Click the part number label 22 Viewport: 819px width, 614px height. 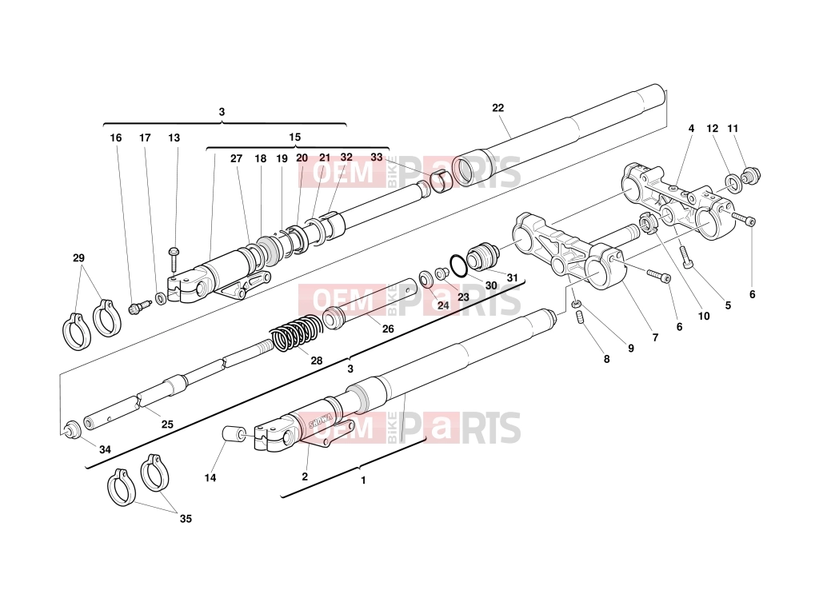[x=497, y=108]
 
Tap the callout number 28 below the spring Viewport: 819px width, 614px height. [x=317, y=361]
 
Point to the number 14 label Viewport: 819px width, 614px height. [x=210, y=478]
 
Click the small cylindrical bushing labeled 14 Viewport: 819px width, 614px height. [x=234, y=434]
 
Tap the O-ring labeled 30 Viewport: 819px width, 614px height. [x=459, y=265]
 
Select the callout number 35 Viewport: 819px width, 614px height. [x=186, y=519]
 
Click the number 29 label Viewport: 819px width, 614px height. [x=78, y=258]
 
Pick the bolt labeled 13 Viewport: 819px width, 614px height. [x=174, y=258]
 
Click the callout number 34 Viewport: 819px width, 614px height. [x=105, y=449]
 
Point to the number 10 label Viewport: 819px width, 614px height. [x=704, y=317]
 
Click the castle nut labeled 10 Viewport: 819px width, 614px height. [x=647, y=225]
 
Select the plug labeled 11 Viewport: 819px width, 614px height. [x=752, y=175]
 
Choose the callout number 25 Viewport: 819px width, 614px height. [x=167, y=425]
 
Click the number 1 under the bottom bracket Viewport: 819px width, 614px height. [x=364, y=480]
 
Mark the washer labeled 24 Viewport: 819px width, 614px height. [x=425, y=278]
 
